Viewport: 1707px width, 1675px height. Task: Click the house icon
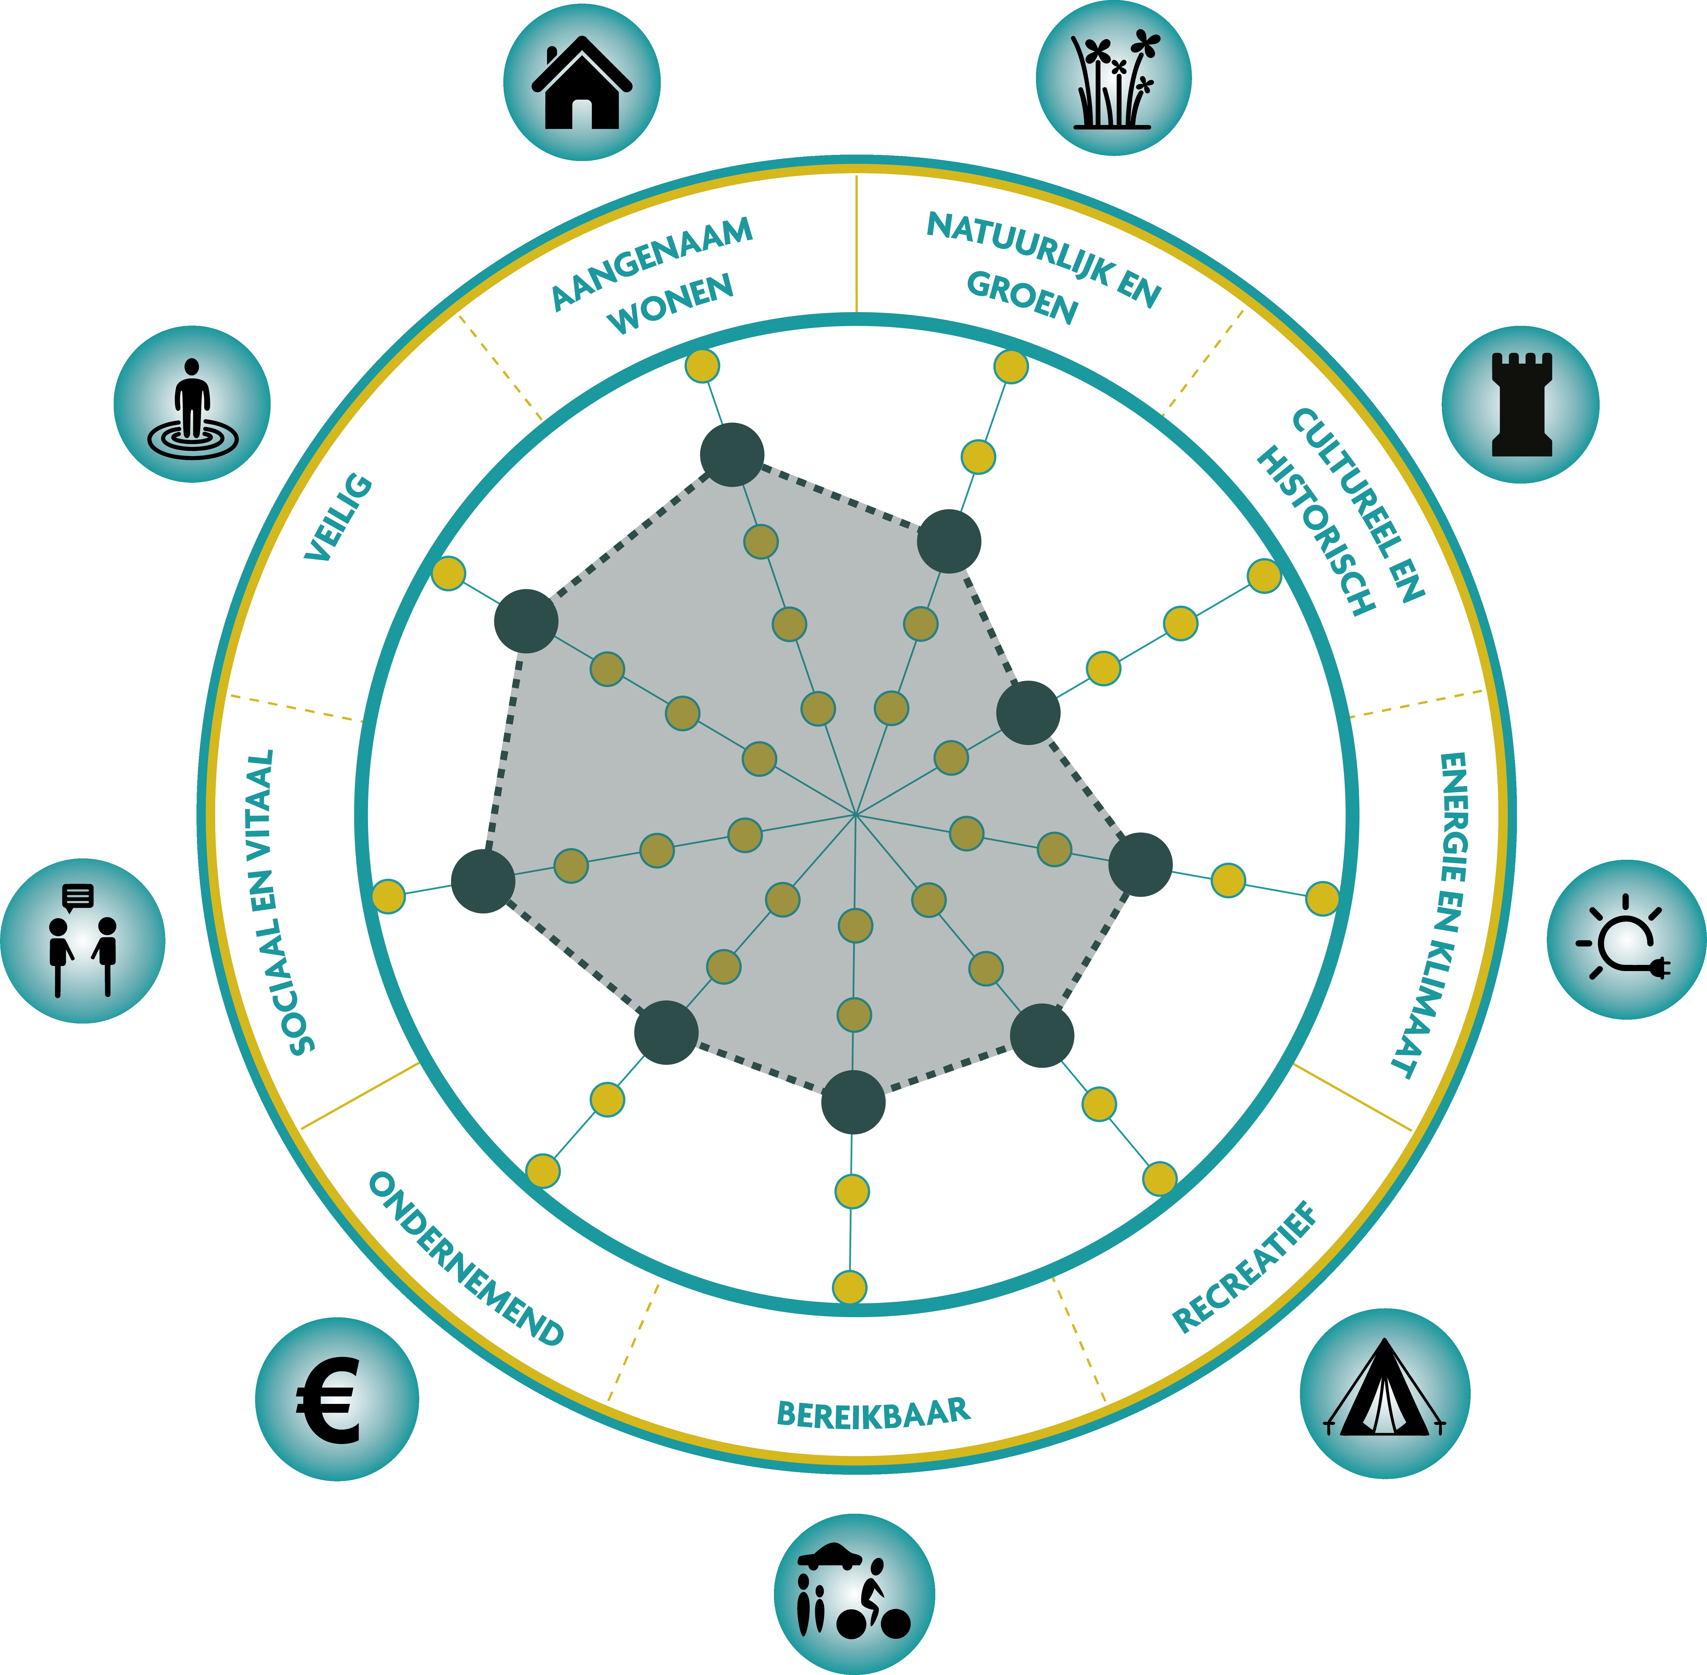(582, 83)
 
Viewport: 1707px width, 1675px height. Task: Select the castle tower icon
(1521, 405)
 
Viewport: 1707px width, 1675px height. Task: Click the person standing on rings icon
(192, 405)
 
